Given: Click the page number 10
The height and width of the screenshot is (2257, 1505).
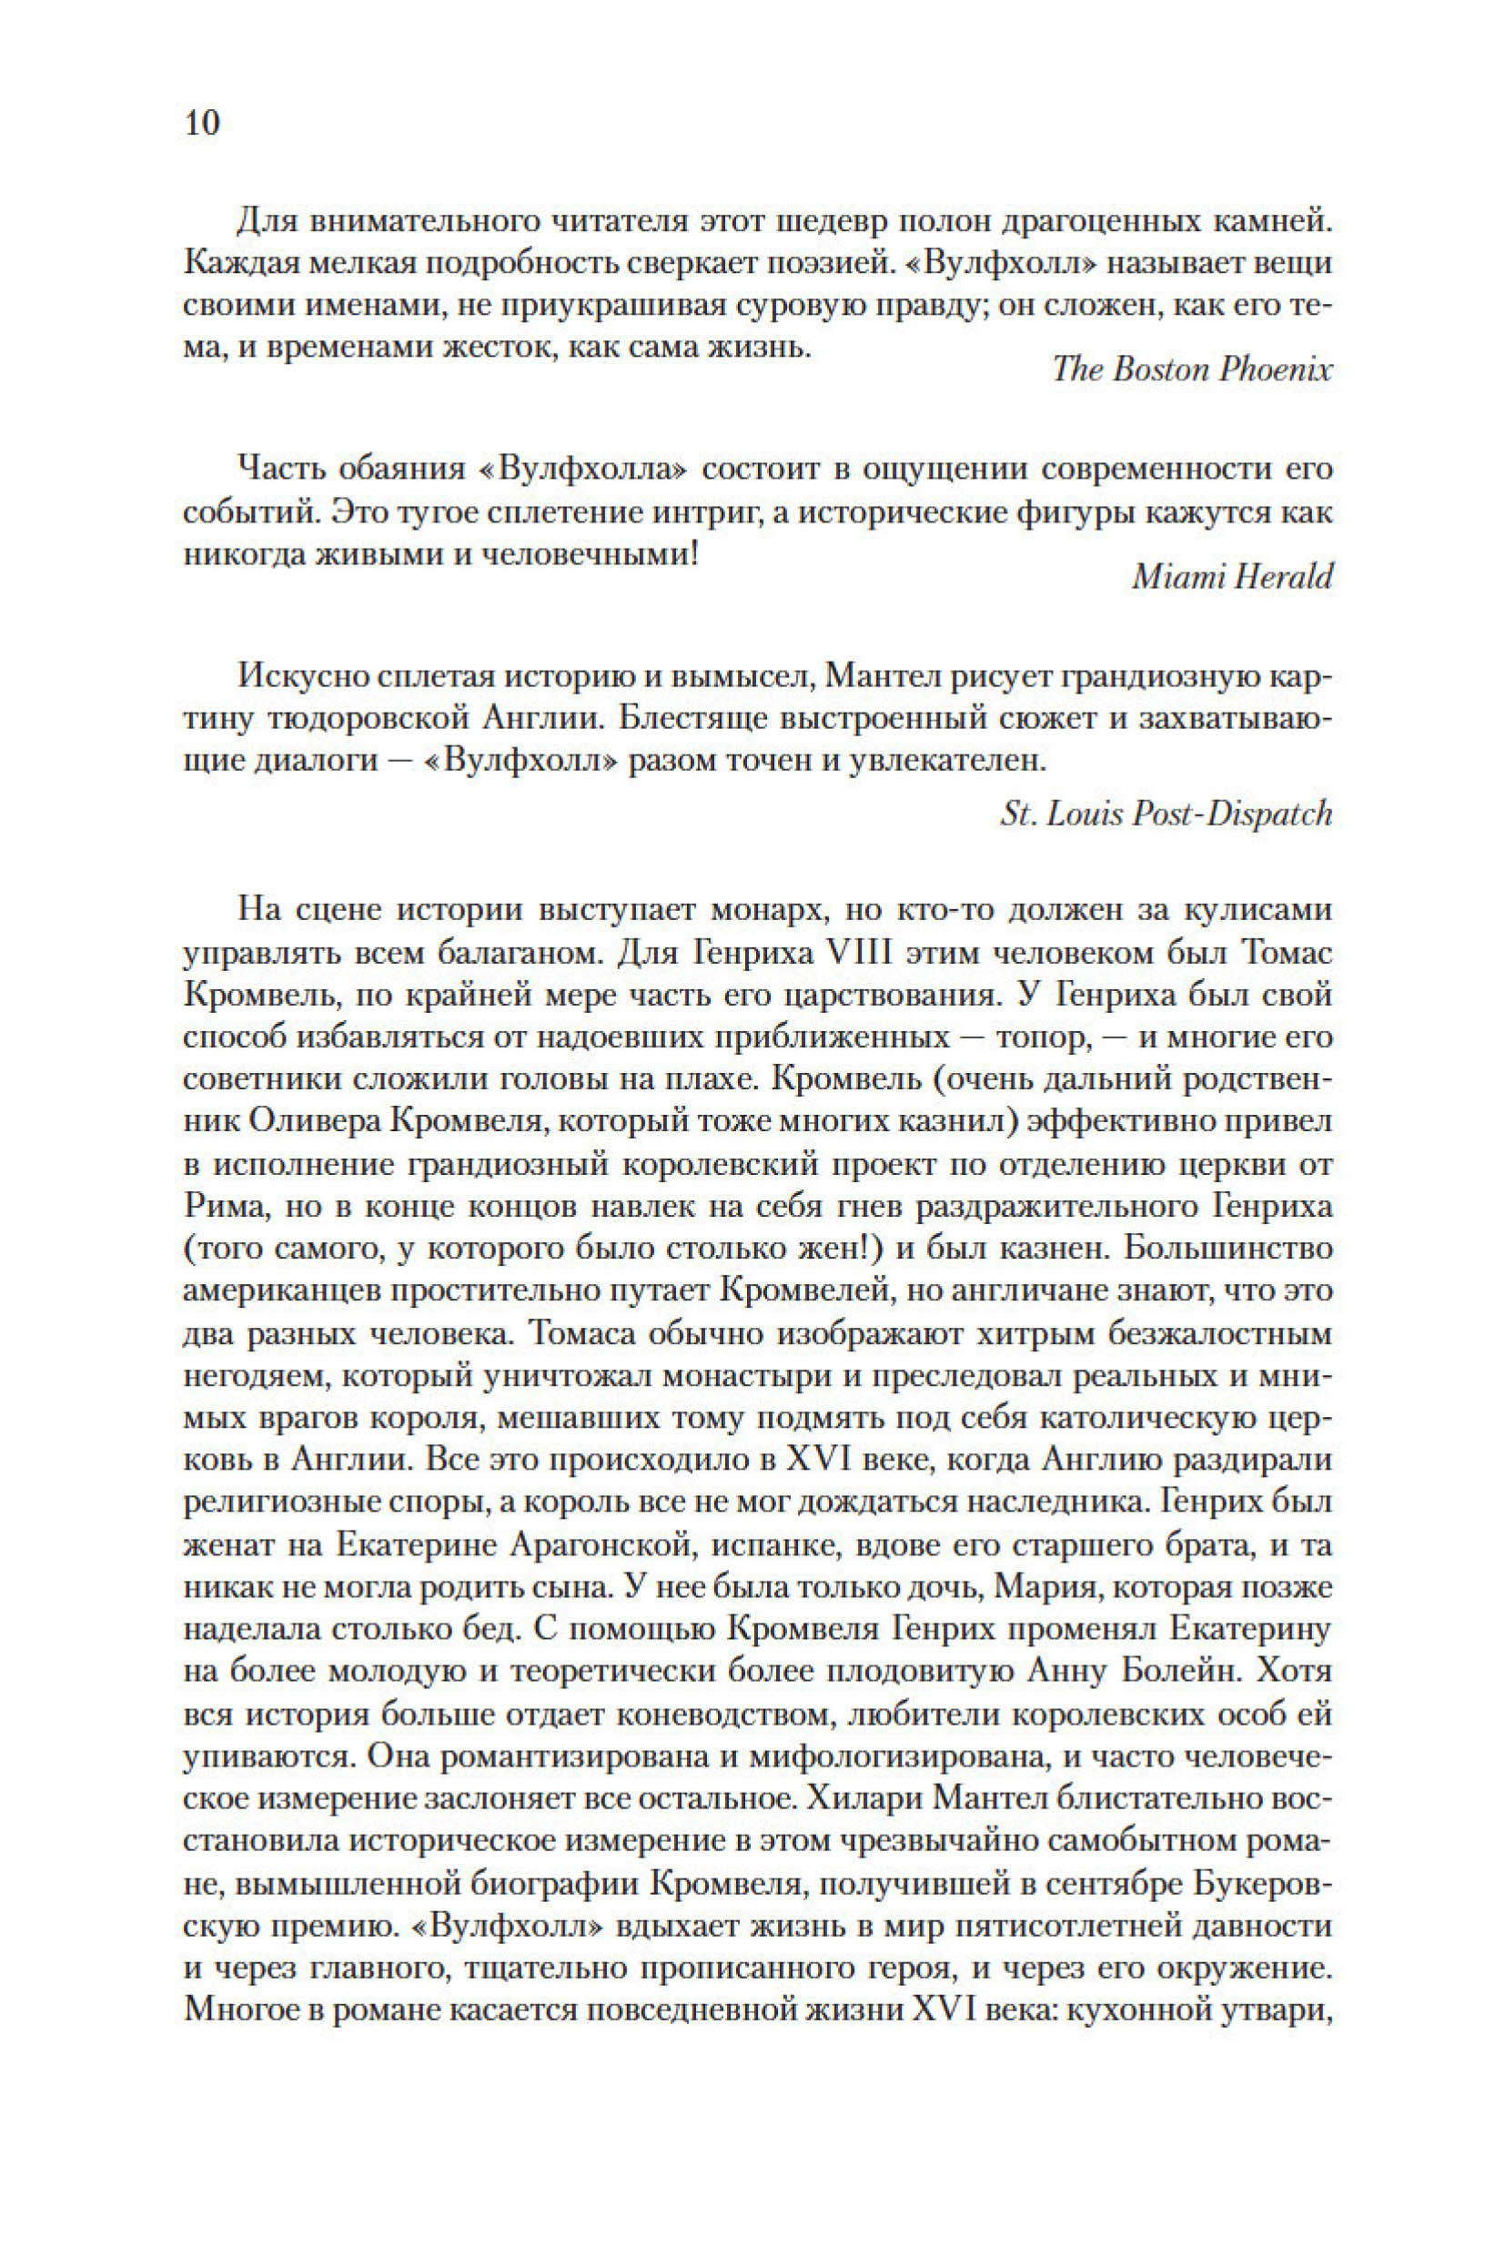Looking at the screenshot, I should [202, 124].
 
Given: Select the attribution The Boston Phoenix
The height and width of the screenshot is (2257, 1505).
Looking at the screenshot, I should [1192, 369].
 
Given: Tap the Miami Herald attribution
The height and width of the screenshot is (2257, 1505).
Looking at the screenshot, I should [1232, 576].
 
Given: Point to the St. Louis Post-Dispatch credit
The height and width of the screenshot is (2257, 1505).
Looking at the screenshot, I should [1167, 815].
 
